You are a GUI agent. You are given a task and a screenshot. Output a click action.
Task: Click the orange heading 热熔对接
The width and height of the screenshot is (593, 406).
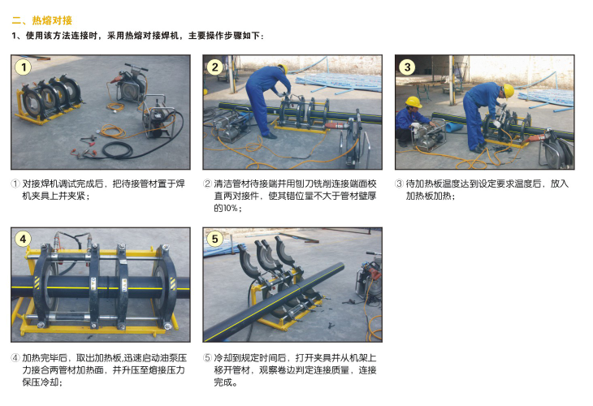pyautogui.click(x=52, y=20)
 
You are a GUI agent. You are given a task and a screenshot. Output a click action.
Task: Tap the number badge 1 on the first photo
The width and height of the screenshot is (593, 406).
pyautogui.click(x=24, y=67)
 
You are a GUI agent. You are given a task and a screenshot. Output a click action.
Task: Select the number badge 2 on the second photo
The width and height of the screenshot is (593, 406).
pyautogui.click(x=214, y=67)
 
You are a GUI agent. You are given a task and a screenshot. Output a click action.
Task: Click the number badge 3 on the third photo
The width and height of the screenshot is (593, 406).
pyautogui.click(x=407, y=67)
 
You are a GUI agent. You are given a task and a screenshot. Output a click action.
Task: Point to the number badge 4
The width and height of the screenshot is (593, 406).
pyautogui.click(x=23, y=239)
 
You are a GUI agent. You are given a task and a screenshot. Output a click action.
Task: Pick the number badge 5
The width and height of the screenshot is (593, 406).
pyautogui.click(x=214, y=239)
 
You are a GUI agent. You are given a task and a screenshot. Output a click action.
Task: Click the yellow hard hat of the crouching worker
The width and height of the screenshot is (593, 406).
pyautogui.click(x=413, y=102)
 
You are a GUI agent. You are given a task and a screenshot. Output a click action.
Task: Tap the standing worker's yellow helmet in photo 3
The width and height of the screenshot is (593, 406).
pyautogui.click(x=509, y=91)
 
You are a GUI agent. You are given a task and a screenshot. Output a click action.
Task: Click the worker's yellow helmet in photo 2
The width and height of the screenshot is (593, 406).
pyautogui.click(x=282, y=68)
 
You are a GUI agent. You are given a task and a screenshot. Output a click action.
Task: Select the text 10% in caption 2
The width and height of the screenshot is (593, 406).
pyautogui.click(x=230, y=209)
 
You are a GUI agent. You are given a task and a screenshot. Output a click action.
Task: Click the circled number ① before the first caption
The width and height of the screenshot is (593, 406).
pyautogui.click(x=15, y=184)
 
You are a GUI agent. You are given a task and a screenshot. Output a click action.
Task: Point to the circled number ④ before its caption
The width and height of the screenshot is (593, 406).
pyautogui.click(x=15, y=358)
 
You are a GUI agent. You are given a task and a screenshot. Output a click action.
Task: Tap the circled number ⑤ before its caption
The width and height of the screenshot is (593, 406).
pyautogui.click(x=207, y=358)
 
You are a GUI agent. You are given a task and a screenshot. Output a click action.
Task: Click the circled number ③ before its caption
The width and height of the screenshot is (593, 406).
pyautogui.click(x=399, y=184)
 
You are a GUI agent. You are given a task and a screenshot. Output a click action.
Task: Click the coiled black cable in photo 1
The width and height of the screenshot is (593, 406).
pyautogui.click(x=118, y=150)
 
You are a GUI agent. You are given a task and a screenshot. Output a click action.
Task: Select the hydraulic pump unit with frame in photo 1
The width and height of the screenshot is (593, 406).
pyautogui.click(x=158, y=117)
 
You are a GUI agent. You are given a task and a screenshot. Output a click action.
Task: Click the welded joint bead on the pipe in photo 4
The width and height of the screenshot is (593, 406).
pyautogui.click(x=107, y=287)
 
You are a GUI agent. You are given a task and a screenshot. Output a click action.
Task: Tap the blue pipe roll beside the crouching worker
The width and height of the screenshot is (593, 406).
pyautogui.click(x=453, y=127)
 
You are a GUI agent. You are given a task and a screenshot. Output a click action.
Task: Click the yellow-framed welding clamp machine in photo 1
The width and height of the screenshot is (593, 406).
pyautogui.click(x=50, y=99)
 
